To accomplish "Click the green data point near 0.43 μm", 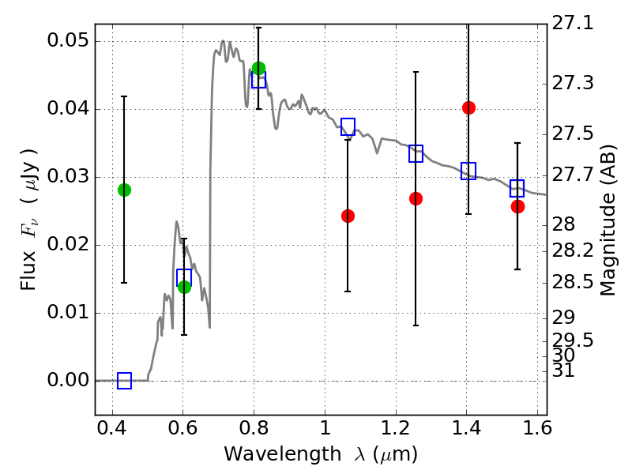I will point(124,190).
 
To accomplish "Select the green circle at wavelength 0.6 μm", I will point(184,287).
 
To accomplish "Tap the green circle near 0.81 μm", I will point(258,68).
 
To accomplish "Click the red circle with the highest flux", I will point(468,107).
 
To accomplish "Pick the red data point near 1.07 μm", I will point(348,216).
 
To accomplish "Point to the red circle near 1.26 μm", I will point(416,198).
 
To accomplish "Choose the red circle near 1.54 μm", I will point(517,206).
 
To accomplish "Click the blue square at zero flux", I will point(124,381).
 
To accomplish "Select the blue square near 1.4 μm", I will point(468,171).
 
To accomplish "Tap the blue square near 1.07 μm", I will point(348,126).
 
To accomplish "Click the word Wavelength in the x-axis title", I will point(269,454).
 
